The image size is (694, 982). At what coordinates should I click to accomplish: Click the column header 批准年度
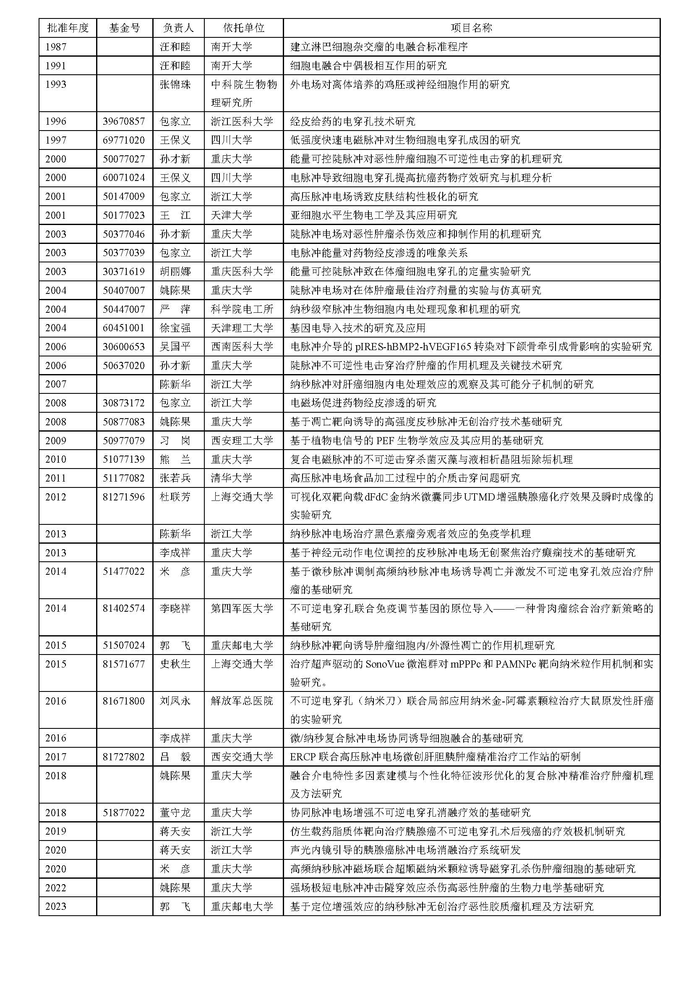68,28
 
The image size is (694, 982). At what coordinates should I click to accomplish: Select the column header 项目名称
471,28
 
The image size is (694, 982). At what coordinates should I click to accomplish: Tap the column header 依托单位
244,28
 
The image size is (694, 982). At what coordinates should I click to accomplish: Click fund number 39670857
124,121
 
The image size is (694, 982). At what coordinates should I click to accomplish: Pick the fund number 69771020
124,140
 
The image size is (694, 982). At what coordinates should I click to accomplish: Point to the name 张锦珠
175,85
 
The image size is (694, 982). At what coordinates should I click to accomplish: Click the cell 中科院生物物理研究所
244,93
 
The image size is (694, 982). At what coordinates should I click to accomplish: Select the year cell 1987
56,47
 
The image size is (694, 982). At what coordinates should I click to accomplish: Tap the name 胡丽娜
175,272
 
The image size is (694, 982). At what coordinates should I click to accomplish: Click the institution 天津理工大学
242,328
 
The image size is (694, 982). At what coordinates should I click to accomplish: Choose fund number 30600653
124,347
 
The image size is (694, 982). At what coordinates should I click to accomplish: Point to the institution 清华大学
231,478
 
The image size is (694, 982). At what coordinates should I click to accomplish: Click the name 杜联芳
175,497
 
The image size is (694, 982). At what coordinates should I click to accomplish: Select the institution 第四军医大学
242,609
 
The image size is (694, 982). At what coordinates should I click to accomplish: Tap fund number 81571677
124,664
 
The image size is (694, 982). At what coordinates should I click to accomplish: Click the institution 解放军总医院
242,701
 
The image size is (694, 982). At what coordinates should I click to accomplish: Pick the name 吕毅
175,757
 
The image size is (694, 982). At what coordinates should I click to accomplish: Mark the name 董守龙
175,813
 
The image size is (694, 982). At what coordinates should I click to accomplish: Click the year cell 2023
56,906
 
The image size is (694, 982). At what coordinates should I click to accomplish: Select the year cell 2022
56,888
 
